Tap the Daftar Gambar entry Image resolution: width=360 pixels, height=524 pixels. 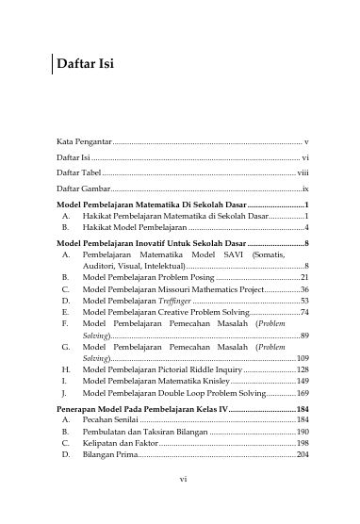point(81,189)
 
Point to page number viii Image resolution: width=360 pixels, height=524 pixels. point(303,173)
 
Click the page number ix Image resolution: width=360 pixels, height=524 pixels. point(305,189)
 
